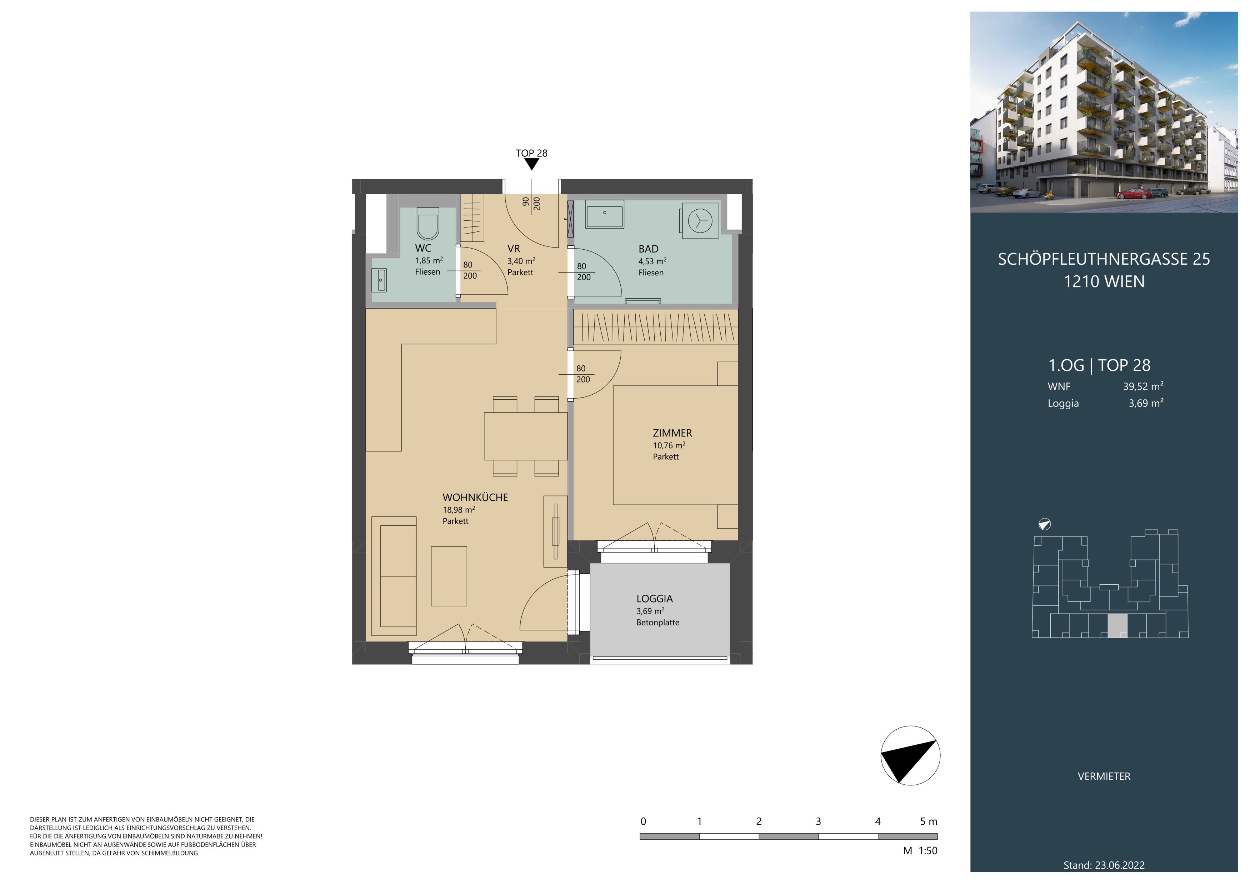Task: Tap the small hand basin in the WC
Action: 379,280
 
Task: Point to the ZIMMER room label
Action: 672,433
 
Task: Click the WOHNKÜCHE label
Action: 475,498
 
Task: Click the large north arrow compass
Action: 910,755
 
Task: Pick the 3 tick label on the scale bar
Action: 818,821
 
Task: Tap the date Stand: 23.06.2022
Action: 1104,865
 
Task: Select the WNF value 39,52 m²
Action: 1143,386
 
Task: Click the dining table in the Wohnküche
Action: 525,436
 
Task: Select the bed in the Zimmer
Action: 675,445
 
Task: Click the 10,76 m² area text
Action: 669,445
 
